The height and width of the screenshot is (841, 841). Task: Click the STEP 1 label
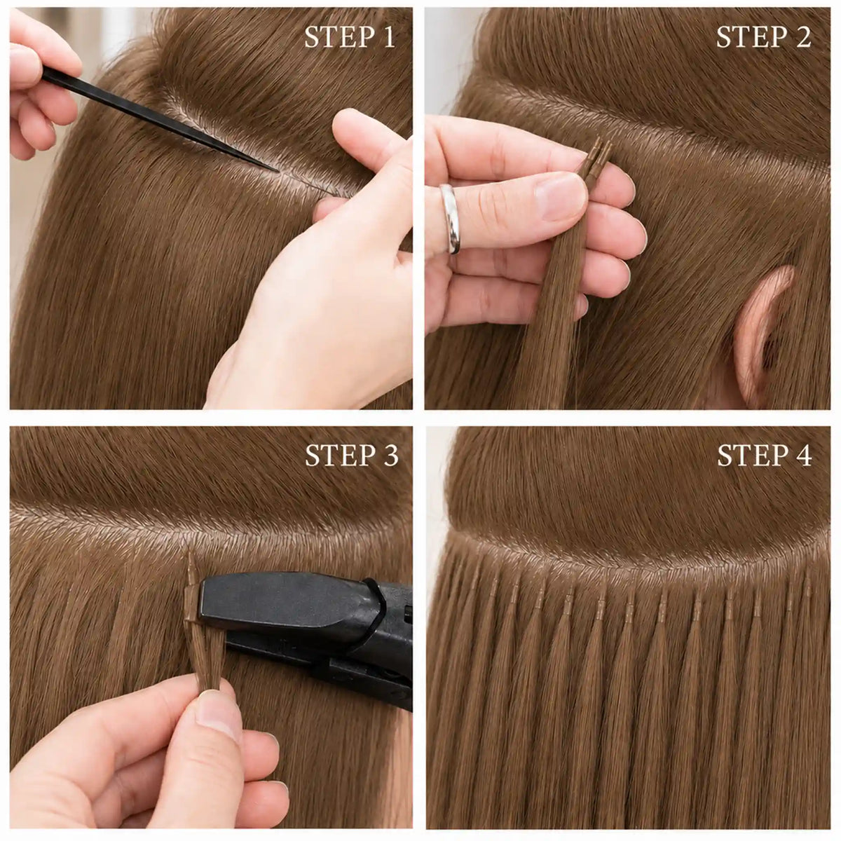pos(350,38)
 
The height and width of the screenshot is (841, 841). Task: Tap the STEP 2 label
pos(763,38)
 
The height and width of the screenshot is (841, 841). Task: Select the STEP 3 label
pos(352,456)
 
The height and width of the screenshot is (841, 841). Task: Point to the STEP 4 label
pos(765,456)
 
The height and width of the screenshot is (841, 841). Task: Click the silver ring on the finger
pos(451,218)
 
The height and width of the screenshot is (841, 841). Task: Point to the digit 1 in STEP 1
pos(388,38)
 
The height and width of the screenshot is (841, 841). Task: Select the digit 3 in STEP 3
pos(391,456)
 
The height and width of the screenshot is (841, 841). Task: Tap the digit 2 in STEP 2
pos(803,38)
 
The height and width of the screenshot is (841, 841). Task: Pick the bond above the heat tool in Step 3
pos(191,568)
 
